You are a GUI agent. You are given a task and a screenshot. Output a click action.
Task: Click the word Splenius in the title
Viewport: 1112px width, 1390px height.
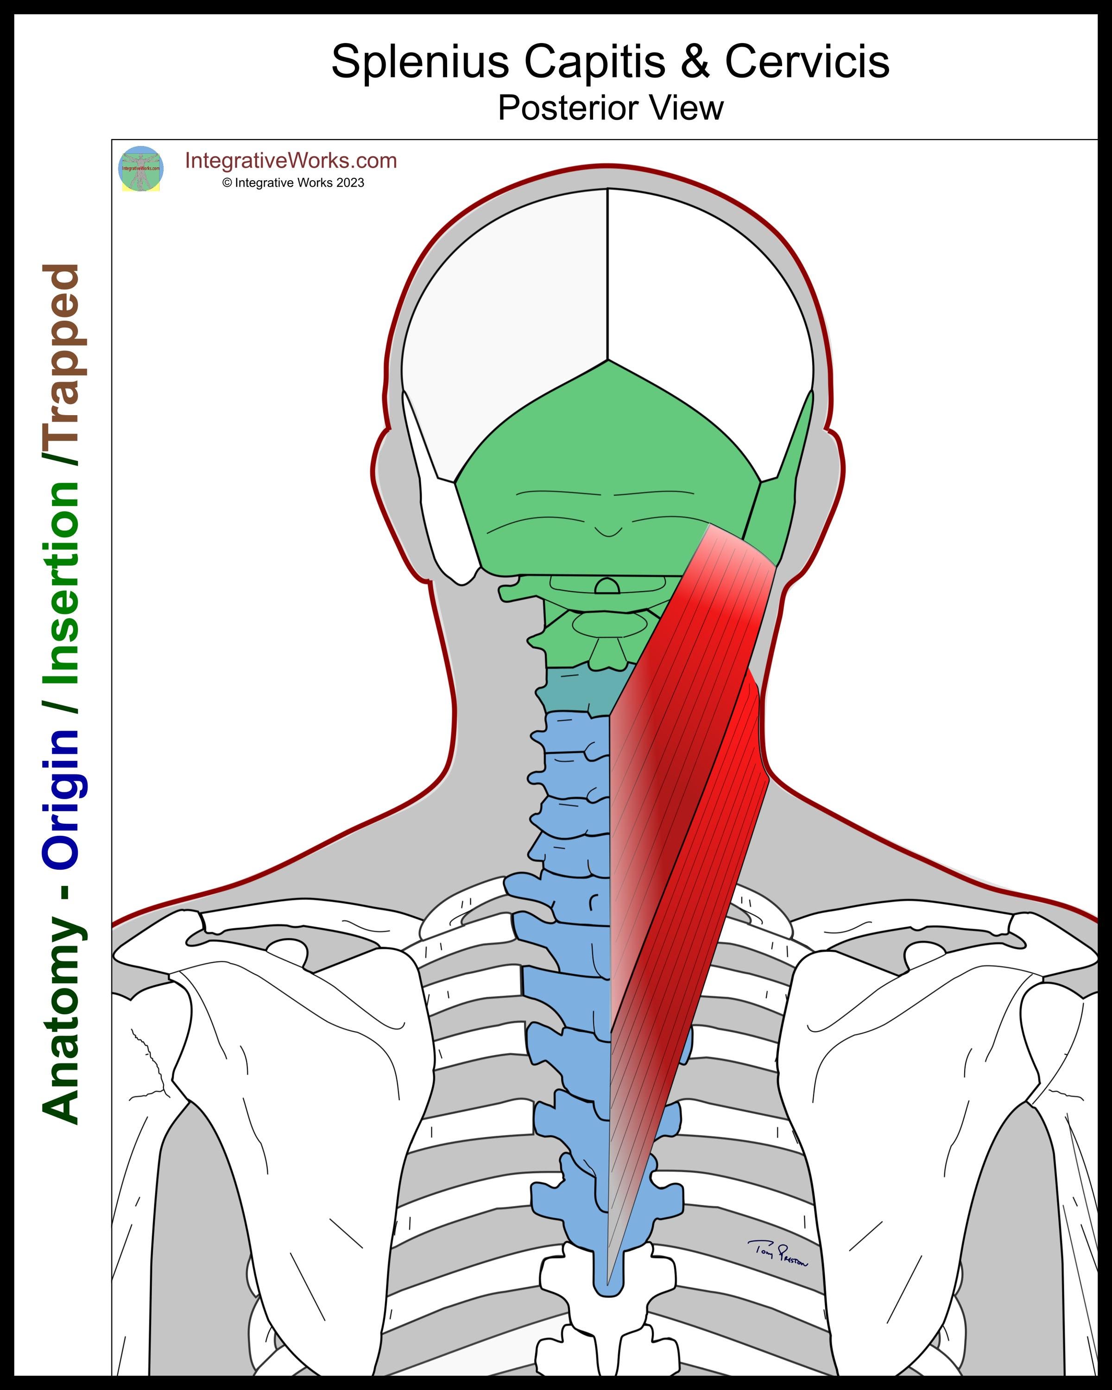(x=420, y=63)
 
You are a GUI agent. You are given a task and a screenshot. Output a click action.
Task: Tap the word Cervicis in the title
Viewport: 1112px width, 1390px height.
(x=807, y=63)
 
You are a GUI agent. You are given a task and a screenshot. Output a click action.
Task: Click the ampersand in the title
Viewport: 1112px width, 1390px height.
(x=694, y=63)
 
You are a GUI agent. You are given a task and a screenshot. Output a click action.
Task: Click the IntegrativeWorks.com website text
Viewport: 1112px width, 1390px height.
(x=291, y=160)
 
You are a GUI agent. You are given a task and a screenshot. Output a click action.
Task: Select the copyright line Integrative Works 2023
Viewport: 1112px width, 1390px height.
(x=293, y=183)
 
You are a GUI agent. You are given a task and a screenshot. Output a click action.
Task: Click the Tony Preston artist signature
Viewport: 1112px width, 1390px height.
(x=777, y=1253)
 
